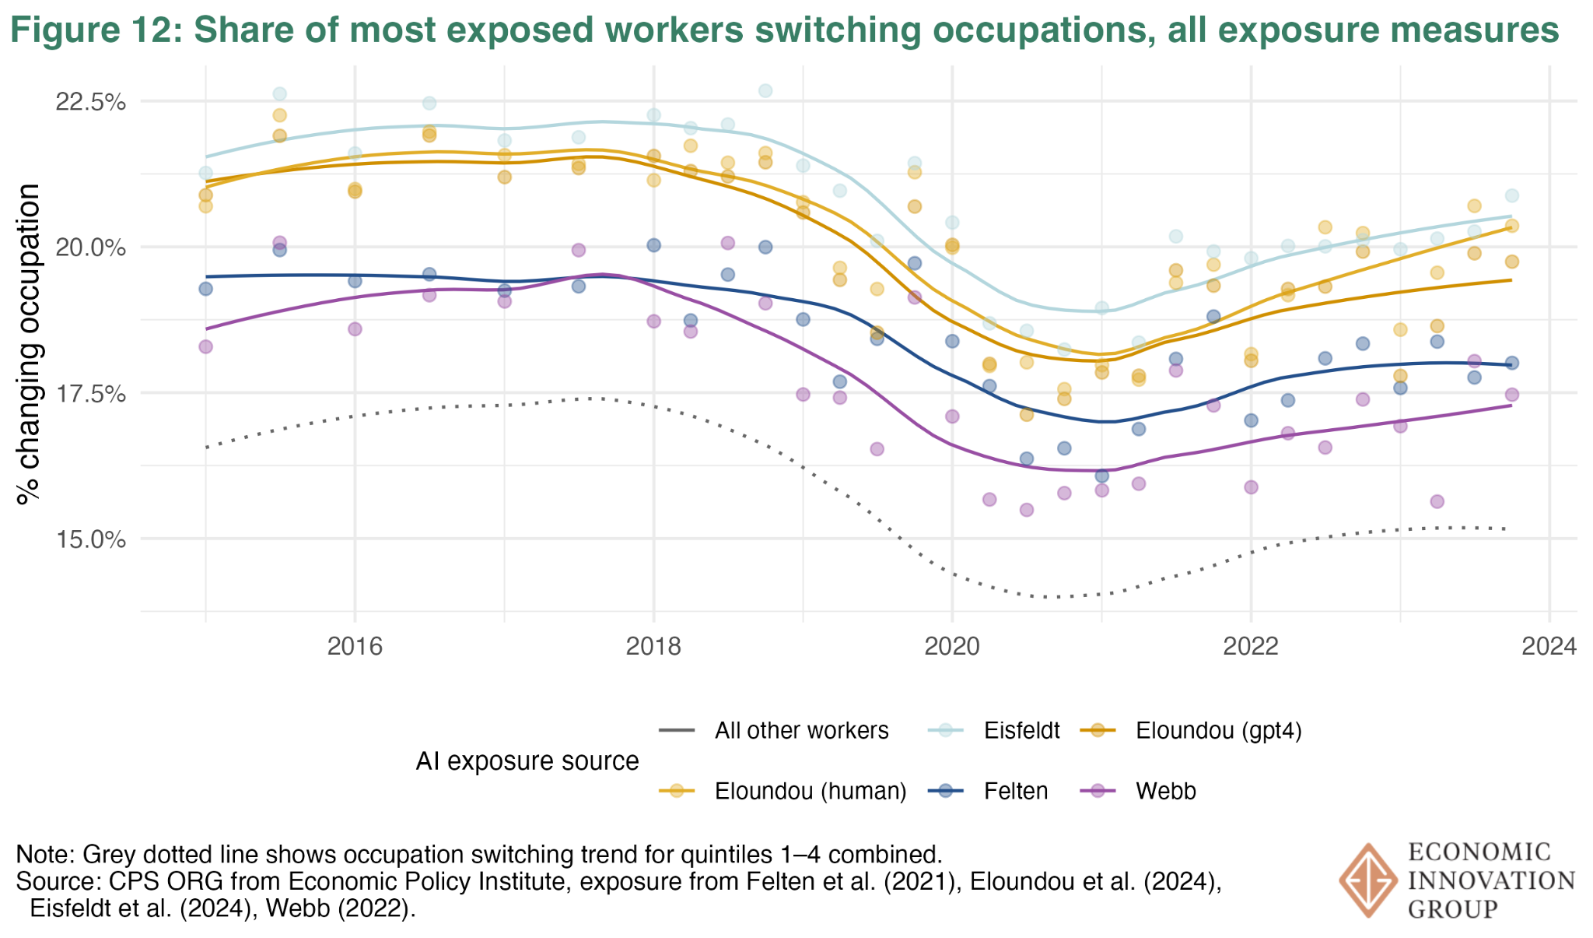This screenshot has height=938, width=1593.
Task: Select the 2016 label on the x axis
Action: [355, 647]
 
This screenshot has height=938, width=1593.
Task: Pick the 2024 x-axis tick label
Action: [1549, 647]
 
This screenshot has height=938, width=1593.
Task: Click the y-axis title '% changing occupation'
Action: [30, 344]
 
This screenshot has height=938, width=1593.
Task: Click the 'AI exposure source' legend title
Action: [527, 761]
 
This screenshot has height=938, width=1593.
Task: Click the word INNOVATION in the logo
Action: [1491, 881]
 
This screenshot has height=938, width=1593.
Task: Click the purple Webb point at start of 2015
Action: [205, 346]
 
